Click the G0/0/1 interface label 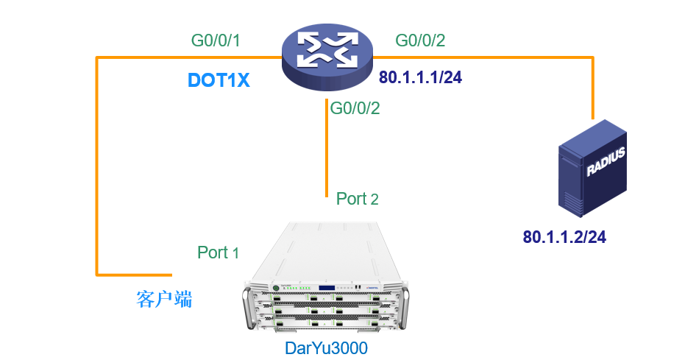click(216, 40)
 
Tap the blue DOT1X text click(219, 80)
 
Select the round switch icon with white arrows click(327, 57)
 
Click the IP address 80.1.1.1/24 click(420, 77)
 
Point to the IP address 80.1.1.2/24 click(564, 237)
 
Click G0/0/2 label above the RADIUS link click(420, 40)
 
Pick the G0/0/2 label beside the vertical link click(355, 108)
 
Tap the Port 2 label click(357, 199)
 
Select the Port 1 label click(218, 253)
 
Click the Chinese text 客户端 click(164, 300)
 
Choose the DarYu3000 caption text click(327, 348)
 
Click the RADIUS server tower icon click(592, 168)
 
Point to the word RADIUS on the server click(606, 160)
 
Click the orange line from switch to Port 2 click(327, 148)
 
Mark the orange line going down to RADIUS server click(593, 88)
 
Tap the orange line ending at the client click(97, 166)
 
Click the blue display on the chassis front click(327, 288)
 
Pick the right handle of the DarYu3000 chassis click(404, 306)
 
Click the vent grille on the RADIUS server click(572, 202)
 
